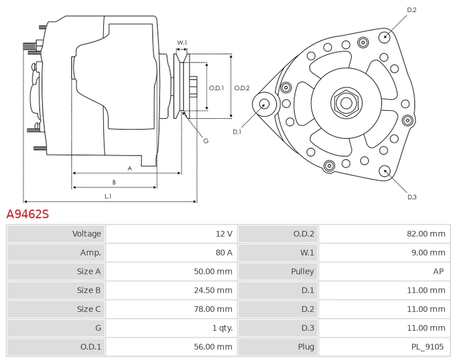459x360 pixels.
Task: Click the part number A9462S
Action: pyautogui.click(x=28, y=214)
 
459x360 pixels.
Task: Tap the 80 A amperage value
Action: pyautogui.click(x=224, y=253)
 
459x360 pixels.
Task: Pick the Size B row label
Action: pyautogui.click(x=89, y=291)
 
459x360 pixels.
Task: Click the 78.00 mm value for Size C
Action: pyautogui.click(x=213, y=309)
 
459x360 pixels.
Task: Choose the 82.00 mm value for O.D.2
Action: pyautogui.click(x=426, y=234)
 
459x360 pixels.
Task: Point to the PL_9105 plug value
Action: pyautogui.click(x=427, y=347)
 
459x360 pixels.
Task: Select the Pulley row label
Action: pyautogui.click(x=302, y=272)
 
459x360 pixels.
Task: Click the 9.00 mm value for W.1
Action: pyautogui.click(x=428, y=253)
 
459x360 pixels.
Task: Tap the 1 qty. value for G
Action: pyautogui.click(x=223, y=328)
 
